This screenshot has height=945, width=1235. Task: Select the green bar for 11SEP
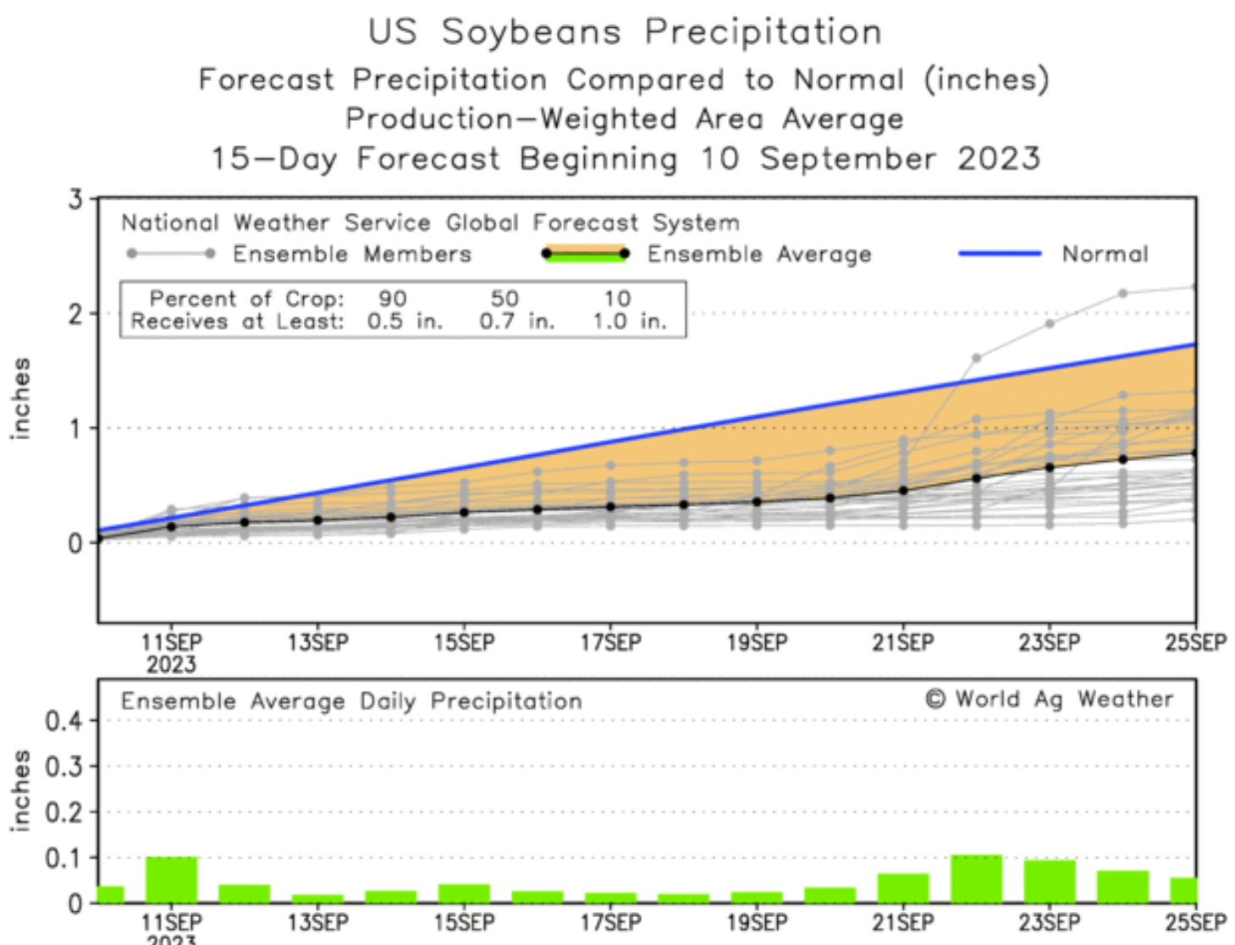[x=171, y=880]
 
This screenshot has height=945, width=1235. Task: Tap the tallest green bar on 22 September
[x=976, y=879]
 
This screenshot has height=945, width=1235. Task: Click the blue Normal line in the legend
[x=1000, y=253]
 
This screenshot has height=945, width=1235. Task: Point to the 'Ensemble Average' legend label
[x=758, y=254]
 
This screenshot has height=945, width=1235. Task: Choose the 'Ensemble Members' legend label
[x=352, y=254]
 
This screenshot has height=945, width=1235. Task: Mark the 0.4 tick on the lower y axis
[x=63, y=722]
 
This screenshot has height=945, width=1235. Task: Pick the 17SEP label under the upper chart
[x=610, y=643]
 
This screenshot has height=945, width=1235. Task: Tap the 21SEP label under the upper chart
[x=903, y=643]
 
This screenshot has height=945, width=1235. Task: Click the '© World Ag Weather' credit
[x=1049, y=699]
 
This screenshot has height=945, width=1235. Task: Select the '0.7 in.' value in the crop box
[x=516, y=321]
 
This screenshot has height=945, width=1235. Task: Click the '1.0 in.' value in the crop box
[x=629, y=321]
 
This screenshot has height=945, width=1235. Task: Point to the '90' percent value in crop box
[x=393, y=299]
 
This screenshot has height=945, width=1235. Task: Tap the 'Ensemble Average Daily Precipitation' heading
[x=351, y=701]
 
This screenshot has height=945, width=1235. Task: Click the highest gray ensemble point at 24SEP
[x=1122, y=294]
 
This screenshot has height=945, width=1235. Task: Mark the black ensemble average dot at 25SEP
[x=1194, y=453]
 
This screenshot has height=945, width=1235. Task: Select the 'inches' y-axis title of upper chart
[x=20, y=398]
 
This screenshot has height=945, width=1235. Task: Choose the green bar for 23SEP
[x=1050, y=882]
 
